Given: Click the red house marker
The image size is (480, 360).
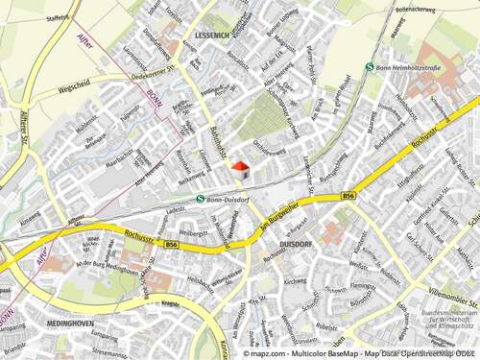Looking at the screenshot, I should (240, 169).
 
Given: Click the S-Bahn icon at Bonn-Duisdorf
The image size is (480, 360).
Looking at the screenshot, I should (200, 199).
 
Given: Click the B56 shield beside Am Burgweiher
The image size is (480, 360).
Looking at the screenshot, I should (347, 196).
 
